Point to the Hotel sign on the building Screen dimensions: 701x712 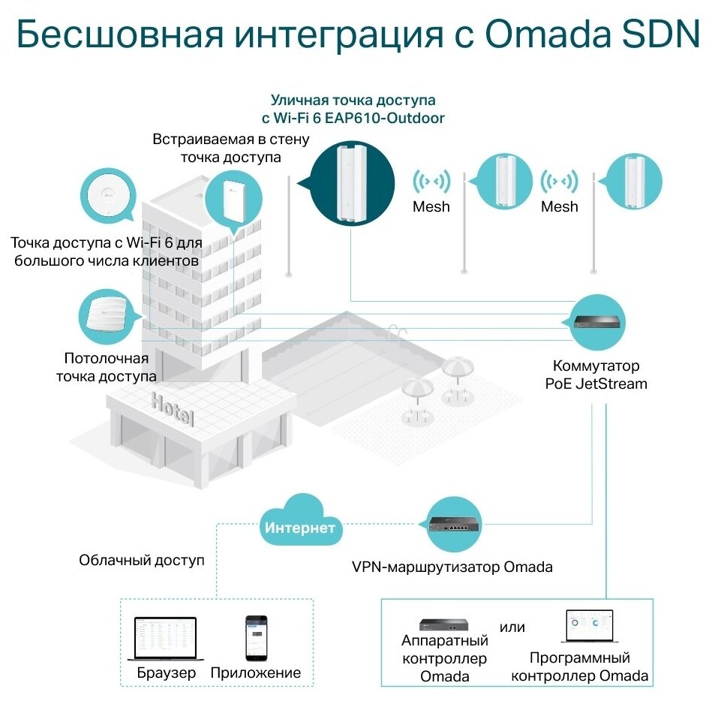[173, 408]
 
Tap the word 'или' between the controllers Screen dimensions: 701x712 [512, 627]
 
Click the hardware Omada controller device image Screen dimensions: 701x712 [444, 624]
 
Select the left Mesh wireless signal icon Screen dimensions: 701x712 [431, 181]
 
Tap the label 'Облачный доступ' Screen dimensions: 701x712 [142, 561]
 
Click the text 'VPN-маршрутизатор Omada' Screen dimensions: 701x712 [452, 567]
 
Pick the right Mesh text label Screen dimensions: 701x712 [559, 206]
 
